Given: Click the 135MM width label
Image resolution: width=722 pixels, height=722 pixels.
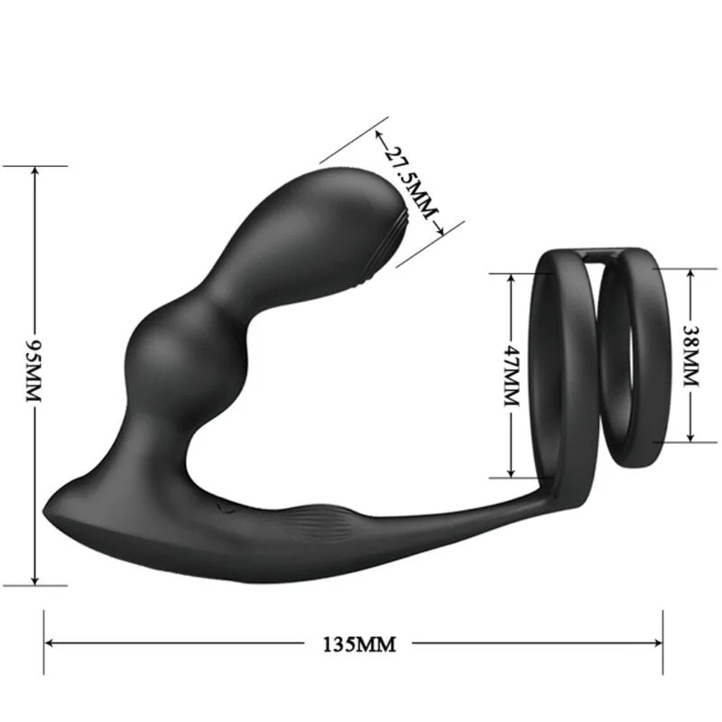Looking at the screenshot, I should [359, 643].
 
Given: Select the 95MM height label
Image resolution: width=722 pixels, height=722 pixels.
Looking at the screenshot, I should [35, 372].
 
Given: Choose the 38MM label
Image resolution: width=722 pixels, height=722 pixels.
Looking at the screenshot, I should [690, 356].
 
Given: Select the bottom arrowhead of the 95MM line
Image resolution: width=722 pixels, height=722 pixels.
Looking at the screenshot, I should [35, 579].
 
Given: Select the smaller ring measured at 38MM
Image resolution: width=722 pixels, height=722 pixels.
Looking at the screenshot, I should [666, 361].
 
